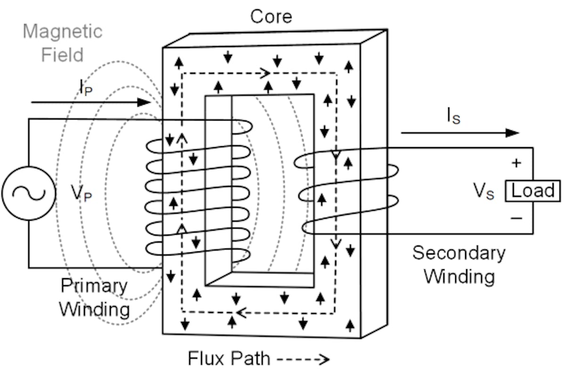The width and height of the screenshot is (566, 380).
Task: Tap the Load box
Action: coord(533,191)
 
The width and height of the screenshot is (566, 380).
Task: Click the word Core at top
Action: coord(271,17)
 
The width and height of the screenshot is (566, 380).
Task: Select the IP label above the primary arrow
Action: coord(85,87)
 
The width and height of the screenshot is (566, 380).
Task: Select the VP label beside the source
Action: coord(81,194)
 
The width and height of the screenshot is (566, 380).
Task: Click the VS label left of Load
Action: coord(484,192)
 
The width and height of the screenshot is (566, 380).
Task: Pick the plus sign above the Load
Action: coord(517,163)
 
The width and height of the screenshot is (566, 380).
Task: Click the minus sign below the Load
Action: coord(517,218)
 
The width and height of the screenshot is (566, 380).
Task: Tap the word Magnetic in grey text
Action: coord(63,32)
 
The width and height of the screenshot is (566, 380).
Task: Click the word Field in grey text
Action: coord(62,55)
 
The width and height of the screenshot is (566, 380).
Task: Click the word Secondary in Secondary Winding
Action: coord(459,253)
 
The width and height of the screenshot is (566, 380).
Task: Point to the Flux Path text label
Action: coord(229,359)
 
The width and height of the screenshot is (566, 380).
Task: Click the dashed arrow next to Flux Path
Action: coord(303,360)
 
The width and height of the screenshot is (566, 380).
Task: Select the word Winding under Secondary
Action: coord(459,276)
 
